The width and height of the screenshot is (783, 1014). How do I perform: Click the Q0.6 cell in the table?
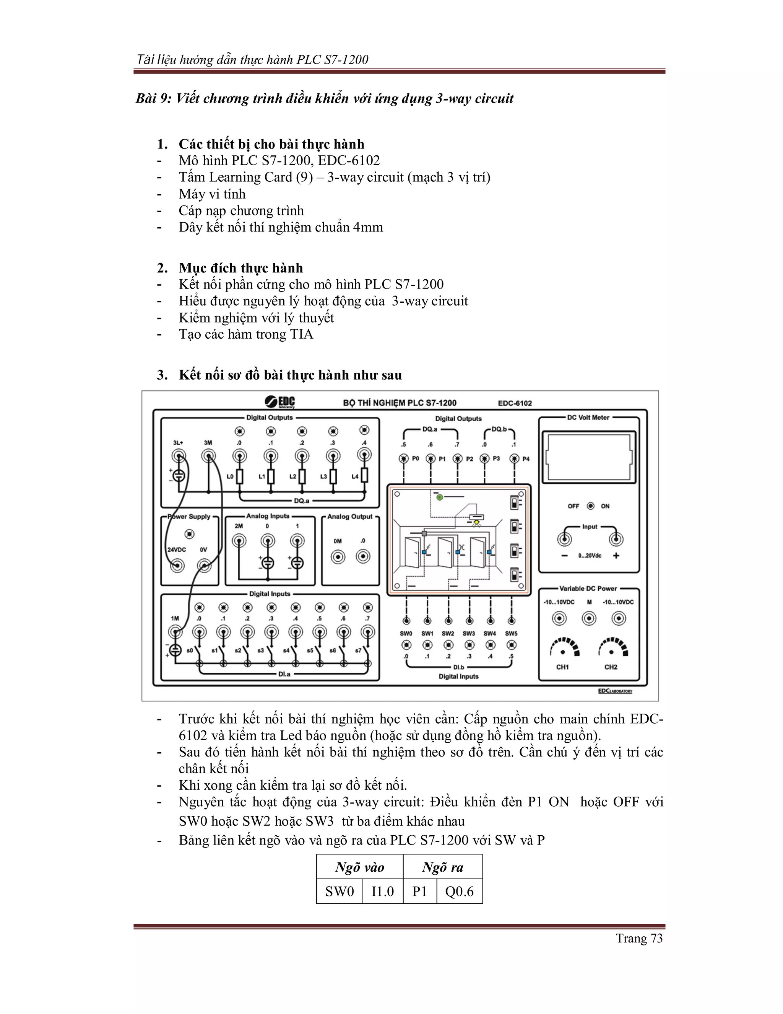point(459,892)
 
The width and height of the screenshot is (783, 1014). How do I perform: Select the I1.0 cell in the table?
point(382,892)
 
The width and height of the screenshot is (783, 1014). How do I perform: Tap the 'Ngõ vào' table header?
point(359,867)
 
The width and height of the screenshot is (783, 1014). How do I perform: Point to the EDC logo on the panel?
point(280,402)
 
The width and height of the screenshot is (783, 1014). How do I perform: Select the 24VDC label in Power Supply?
point(176,550)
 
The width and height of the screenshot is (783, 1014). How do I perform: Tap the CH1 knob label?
point(562,667)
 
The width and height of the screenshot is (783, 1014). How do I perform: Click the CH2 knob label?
point(611,667)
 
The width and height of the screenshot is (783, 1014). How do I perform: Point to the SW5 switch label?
point(511,633)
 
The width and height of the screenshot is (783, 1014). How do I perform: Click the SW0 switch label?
point(406,633)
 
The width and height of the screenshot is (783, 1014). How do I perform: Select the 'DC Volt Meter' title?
point(588,417)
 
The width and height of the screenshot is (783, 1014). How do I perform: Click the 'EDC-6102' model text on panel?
point(515,403)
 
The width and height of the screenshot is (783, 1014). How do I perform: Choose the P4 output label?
point(526,459)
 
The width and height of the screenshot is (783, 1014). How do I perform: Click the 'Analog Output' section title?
point(350,516)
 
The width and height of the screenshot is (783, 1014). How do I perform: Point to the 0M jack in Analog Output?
point(338,556)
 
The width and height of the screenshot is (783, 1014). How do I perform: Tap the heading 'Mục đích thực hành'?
point(241,268)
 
